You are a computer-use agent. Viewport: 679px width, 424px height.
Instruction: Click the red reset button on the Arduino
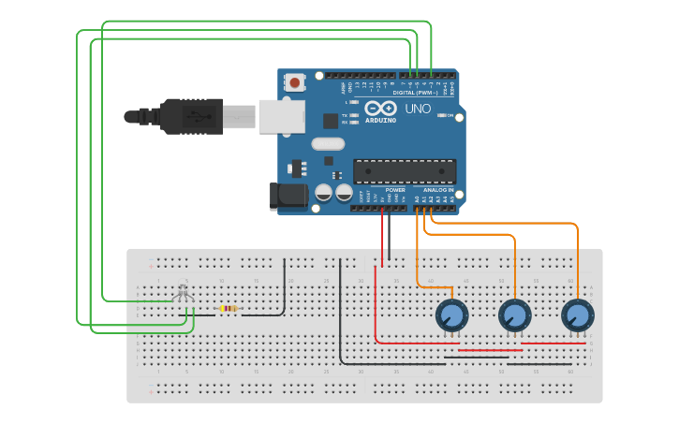pos(295,82)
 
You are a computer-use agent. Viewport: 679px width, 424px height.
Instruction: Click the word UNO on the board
pos(418,109)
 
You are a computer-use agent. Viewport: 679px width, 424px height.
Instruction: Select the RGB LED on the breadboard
pos(183,293)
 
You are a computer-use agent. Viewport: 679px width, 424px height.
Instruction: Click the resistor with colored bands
pos(229,308)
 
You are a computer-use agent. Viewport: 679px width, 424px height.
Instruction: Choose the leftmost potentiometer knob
pos(451,314)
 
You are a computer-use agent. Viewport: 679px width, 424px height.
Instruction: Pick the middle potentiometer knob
pos(514,314)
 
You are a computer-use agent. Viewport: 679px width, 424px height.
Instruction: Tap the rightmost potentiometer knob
pos(577,314)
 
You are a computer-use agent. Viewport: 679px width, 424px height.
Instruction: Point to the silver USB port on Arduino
pos(281,116)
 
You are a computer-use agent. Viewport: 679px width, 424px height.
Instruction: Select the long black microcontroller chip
pos(405,171)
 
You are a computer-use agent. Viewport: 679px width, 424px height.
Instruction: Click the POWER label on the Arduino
pos(395,190)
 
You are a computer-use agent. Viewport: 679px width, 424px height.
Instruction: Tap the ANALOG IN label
pos(438,190)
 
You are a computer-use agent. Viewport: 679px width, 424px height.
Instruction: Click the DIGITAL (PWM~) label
pos(416,93)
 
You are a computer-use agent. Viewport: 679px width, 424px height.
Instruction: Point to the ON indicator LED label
pos(450,115)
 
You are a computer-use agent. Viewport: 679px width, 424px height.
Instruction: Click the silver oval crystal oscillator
pos(328,143)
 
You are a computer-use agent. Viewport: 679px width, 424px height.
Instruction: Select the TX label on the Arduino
pos(345,115)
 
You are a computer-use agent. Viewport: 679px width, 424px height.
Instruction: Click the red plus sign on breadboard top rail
pos(150,266)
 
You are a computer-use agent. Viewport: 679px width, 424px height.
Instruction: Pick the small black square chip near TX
pos(331,120)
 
